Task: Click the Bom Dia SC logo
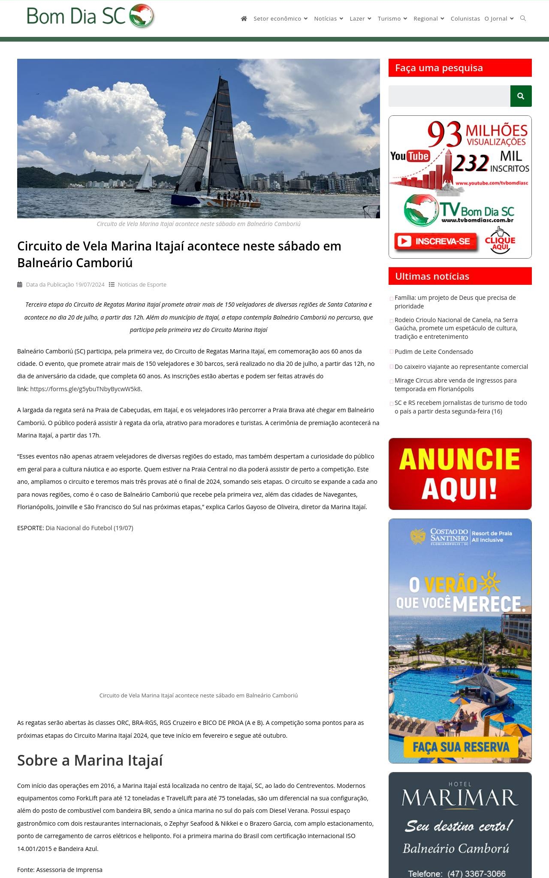pyautogui.click(x=90, y=16)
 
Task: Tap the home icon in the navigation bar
pyautogui.click(x=244, y=18)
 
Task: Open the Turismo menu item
pyautogui.click(x=392, y=18)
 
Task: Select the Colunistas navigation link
pyautogui.click(x=465, y=18)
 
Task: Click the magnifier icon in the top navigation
pyautogui.click(x=523, y=18)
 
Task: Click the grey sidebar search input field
pyautogui.click(x=449, y=96)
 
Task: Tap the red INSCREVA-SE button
pyautogui.click(x=436, y=241)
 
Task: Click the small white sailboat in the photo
pyautogui.click(x=145, y=177)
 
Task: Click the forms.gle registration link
pyautogui.click(x=85, y=389)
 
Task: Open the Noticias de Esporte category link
pyautogui.click(x=142, y=284)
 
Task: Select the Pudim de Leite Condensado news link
pyautogui.click(x=434, y=352)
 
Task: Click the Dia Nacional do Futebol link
pyautogui.click(x=89, y=528)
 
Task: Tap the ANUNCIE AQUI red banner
pyautogui.click(x=460, y=474)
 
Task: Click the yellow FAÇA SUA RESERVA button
pyautogui.click(x=461, y=747)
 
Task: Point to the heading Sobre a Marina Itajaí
pyautogui.click(x=90, y=760)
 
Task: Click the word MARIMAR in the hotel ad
pyautogui.click(x=460, y=798)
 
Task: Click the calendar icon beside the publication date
pyautogui.click(x=20, y=284)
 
